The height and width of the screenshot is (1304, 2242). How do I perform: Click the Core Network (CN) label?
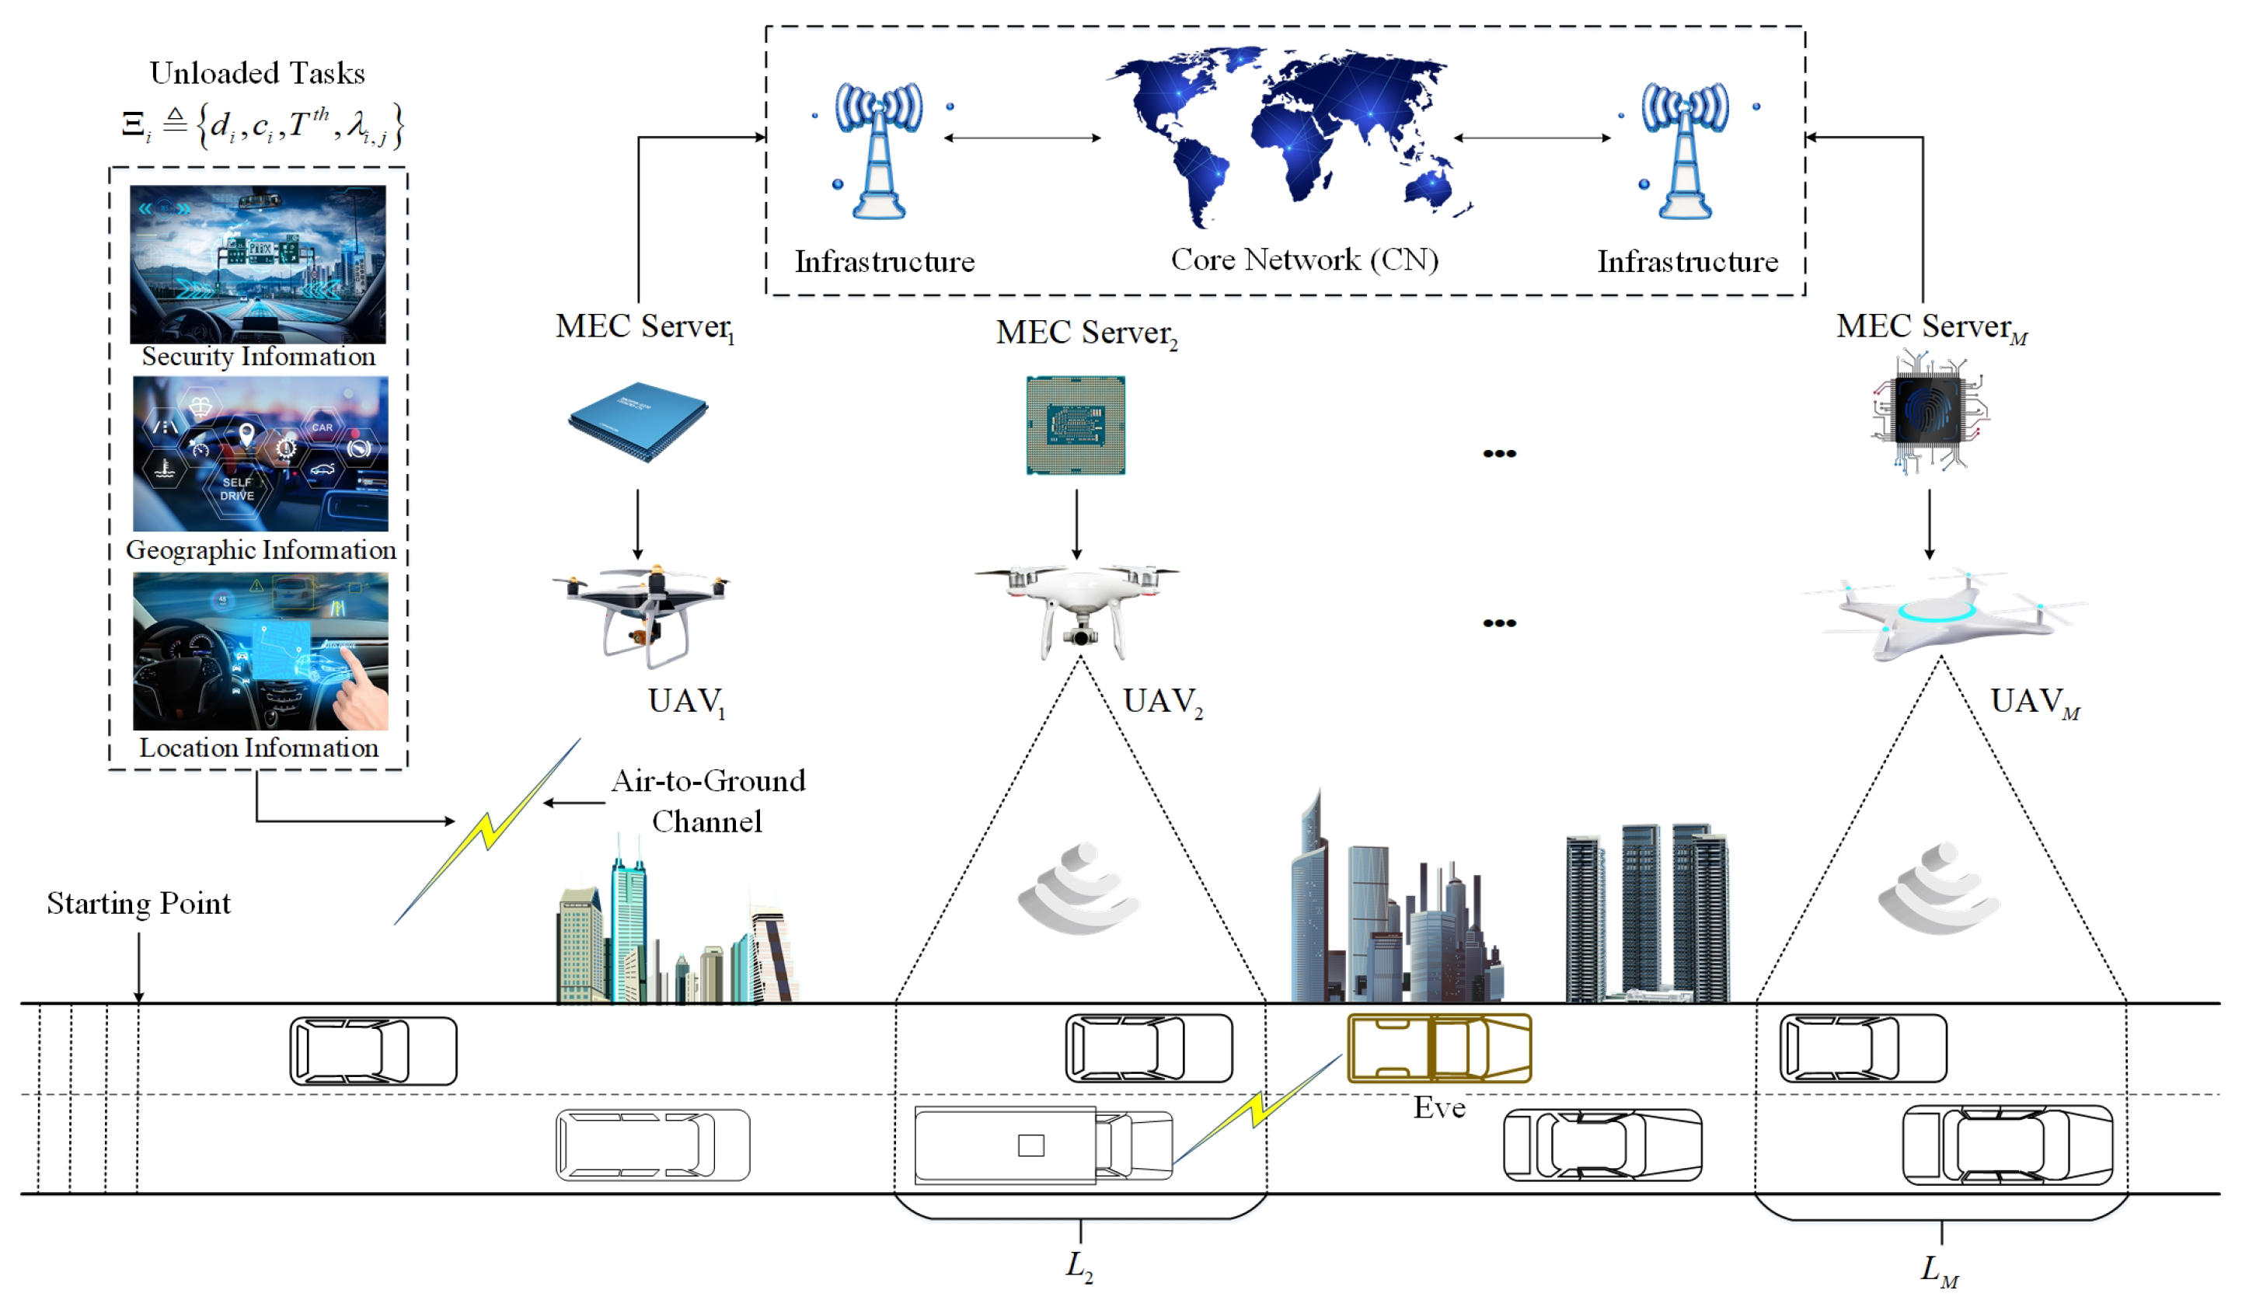1303,260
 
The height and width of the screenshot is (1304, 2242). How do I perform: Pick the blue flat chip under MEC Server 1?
638,420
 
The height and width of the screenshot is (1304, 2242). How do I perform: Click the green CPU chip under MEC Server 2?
1075,425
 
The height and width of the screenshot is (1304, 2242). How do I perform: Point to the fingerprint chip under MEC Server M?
1928,412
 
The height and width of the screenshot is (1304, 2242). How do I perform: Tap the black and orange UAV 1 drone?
643,614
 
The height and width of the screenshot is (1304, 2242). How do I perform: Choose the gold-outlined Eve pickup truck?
1438,1047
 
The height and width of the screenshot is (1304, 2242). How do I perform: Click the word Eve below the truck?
1438,1107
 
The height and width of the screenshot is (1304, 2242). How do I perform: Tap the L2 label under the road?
1079,1265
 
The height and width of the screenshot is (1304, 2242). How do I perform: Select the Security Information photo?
258,264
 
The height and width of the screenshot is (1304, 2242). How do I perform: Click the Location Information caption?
258,747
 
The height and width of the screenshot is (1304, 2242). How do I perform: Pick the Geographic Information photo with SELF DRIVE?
260,453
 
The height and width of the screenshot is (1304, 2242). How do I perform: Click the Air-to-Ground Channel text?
707,800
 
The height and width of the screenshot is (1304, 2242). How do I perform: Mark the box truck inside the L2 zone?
1043,1145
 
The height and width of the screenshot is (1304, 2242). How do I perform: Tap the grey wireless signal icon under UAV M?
1940,890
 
